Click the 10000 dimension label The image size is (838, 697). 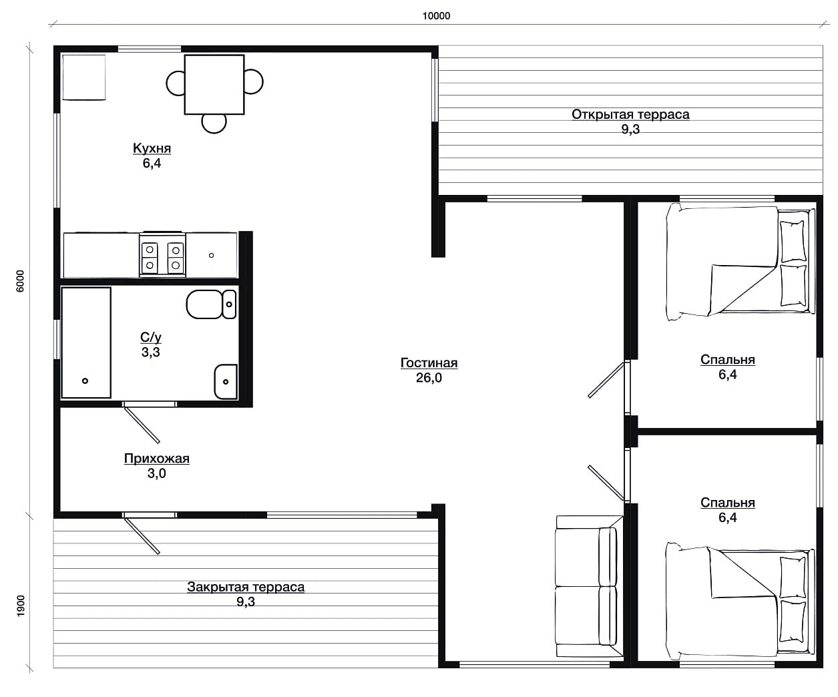pos(436,16)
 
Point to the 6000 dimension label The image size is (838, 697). pos(20,281)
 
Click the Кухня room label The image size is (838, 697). pos(152,148)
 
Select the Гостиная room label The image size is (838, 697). pos(429,363)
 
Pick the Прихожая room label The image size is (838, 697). pos(156,458)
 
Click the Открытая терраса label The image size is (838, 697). pos(630,114)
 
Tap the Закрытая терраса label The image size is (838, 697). pos(246,587)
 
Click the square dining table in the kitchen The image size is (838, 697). pos(214,85)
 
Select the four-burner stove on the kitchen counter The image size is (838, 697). pos(162,255)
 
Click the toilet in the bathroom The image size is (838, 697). pos(211,304)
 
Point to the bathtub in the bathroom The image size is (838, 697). pos(86,342)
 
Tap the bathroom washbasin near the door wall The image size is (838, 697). pos(226,382)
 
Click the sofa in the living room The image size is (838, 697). pos(589,588)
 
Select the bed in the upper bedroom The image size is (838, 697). pos(741,262)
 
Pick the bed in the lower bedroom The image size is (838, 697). pos(741,601)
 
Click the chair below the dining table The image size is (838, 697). pos(214,124)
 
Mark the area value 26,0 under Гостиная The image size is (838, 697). pos(429,378)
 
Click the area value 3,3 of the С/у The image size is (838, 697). pos(150,353)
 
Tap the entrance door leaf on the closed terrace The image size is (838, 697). pos(142,536)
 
